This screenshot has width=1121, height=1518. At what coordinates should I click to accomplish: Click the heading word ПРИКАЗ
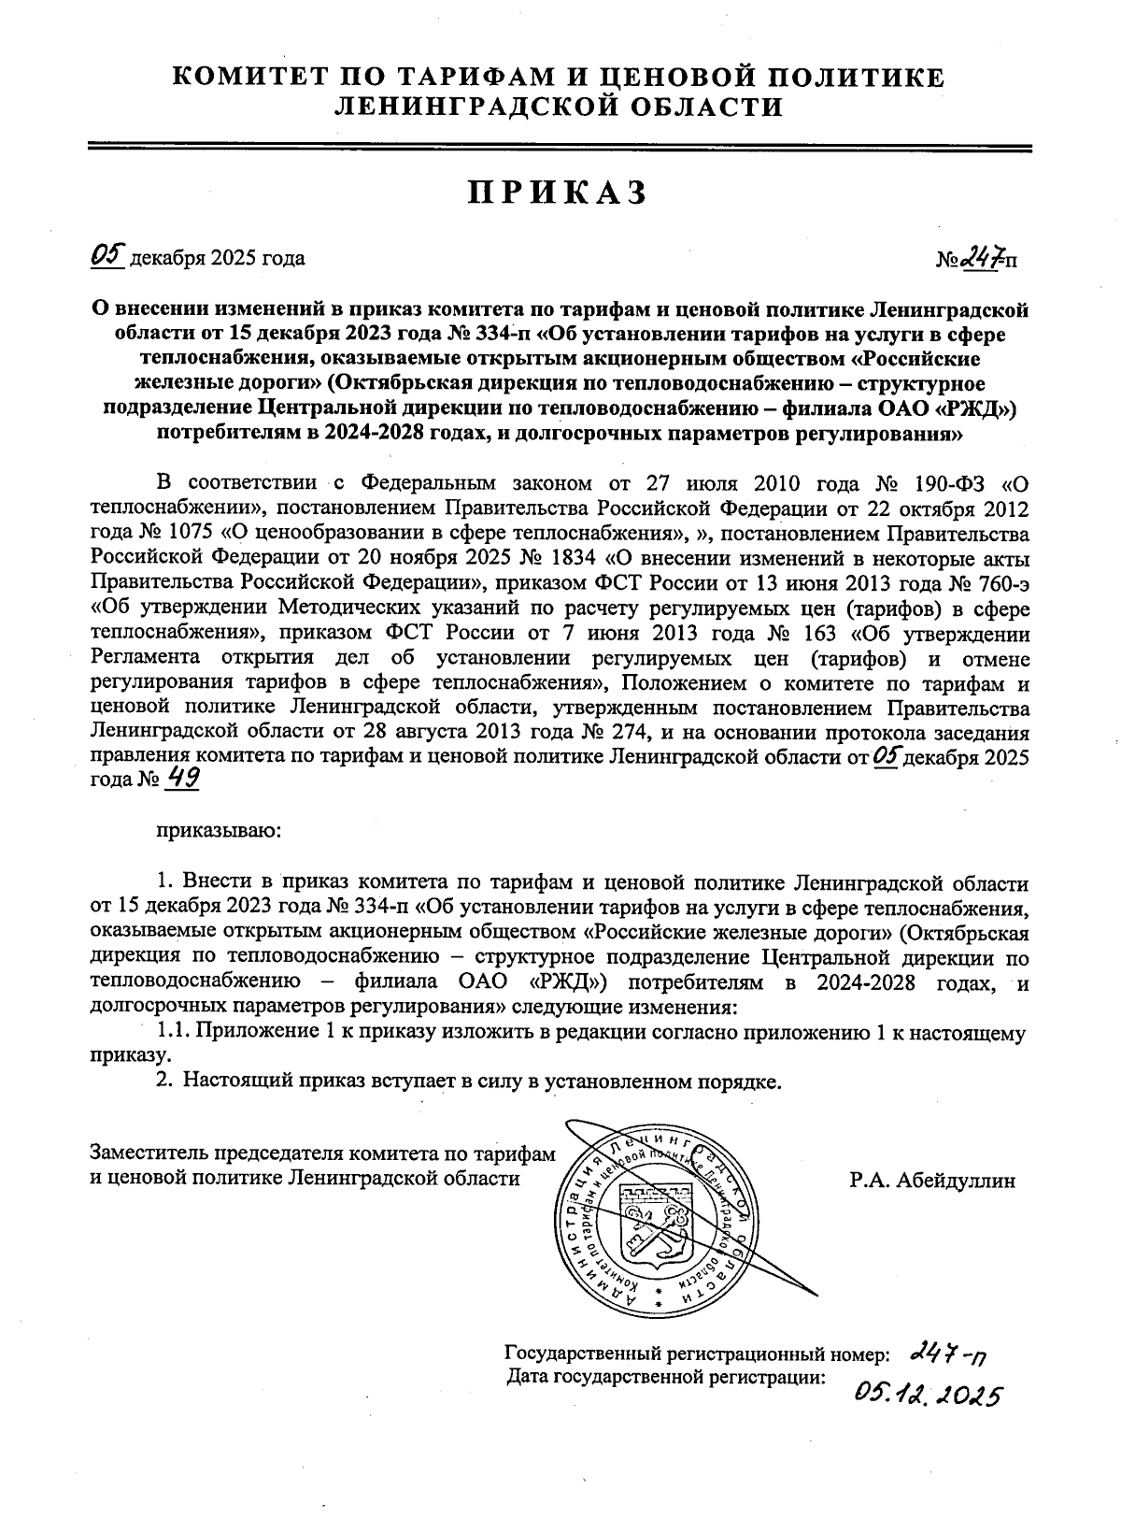point(558,193)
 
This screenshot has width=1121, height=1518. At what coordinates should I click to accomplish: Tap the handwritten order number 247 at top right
point(986,254)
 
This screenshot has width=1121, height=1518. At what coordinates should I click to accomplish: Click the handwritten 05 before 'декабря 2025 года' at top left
point(107,254)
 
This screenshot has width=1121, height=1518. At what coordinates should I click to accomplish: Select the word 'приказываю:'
point(216,830)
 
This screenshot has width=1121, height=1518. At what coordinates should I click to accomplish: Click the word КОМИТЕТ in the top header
point(255,77)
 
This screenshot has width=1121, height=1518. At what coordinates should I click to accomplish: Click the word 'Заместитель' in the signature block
point(147,1154)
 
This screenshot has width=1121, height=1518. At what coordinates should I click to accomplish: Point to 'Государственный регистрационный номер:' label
point(697,1353)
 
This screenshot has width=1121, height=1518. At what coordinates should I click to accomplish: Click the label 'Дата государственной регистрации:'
point(666,1376)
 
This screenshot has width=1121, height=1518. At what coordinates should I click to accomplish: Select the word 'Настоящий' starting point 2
point(237,1081)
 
